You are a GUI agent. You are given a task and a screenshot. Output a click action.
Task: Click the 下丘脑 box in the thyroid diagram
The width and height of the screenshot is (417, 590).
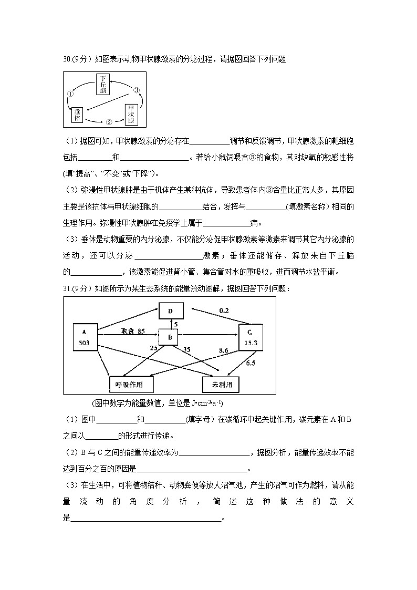(x=105, y=84)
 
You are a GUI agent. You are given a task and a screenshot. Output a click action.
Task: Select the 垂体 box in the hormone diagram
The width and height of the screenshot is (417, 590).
(x=78, y=116)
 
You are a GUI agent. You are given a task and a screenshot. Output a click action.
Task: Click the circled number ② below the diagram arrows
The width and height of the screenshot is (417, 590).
(x=109, y=122)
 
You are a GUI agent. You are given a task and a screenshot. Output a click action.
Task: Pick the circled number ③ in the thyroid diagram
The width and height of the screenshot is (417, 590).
(x=137, y=90)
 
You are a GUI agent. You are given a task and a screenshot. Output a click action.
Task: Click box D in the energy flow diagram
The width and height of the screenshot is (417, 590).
(x=171, y=311)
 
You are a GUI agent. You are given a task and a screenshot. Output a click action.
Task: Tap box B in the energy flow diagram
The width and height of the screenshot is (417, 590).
(x=169, y=337)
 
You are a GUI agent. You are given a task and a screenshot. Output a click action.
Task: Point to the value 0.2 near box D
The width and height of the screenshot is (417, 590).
(x=224, y=310)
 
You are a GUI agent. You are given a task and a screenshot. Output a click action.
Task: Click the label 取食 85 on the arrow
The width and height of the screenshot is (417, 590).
(x=133, y=331)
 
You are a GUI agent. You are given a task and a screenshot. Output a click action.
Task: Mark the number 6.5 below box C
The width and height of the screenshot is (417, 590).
(x=251, y=363)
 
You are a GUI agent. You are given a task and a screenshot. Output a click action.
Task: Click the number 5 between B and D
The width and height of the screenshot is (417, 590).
(x=176, y=324)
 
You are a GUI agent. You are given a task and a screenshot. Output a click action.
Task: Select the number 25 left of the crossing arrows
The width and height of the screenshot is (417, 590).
(x=153, y=348)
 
